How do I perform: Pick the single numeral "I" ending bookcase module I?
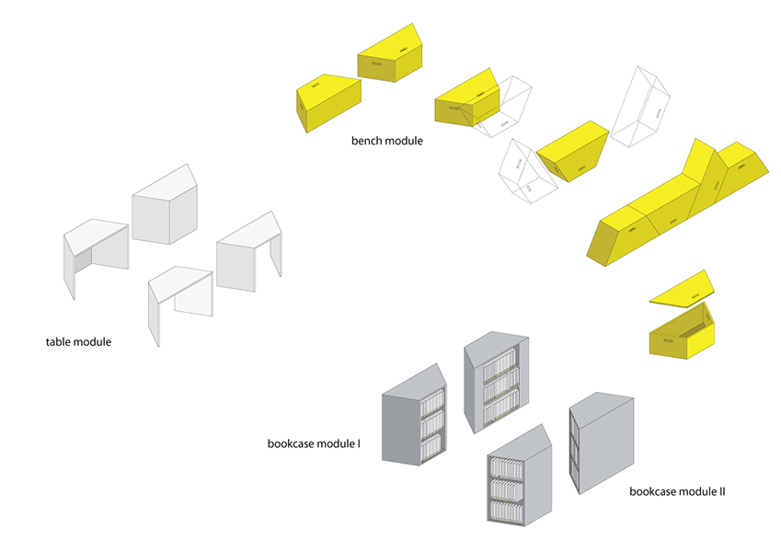click(x=359, y=444)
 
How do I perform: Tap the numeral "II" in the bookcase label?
click(x=721, y=492)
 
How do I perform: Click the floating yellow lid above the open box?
click(x=682, y=288)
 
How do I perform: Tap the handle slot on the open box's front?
click(x=667, y=343)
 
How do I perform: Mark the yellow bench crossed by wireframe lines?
click(x=465, y=100)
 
